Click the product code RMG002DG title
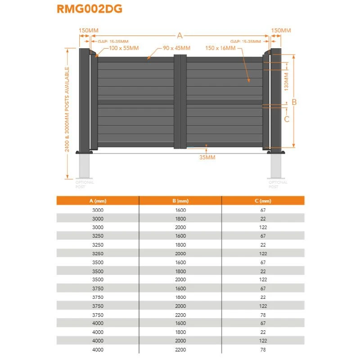(x=90, y=9)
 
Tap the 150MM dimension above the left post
(x=88, y=31)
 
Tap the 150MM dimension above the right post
(x=281, y=31)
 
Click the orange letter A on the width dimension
(x=180, y=36)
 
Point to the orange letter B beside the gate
(x=294, y=102)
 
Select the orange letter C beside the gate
(x=286, y=119)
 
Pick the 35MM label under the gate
(x=207, y=157)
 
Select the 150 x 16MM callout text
(x=220, y=48)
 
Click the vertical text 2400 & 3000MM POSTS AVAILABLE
(x=67, y=109)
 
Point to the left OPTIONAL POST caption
(x=85, y=184)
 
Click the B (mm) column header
(x=180, y=201)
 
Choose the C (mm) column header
(x=263, y=201)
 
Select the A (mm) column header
(x=98, y=201)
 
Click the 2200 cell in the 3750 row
(x=180, y=315)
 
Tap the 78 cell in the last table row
(x=263, y=349)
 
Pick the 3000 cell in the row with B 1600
(x=98, y=210)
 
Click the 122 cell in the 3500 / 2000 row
(x=263, y=279)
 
